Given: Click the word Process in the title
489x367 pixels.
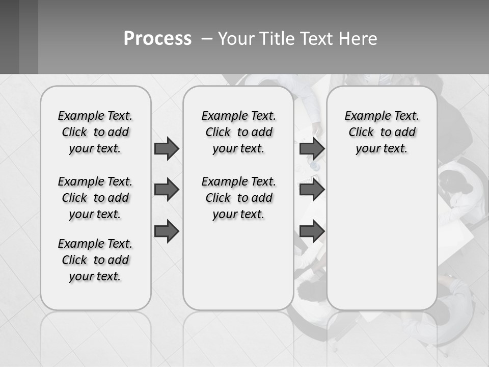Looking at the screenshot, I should (157, 38).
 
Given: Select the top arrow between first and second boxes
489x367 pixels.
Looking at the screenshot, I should (167, 148).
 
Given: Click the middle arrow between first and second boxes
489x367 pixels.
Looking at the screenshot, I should (167, 190).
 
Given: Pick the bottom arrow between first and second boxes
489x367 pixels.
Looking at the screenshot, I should (167, 231).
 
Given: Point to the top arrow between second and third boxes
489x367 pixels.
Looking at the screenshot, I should (312, 148).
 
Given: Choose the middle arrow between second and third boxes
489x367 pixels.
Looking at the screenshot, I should (312, 190).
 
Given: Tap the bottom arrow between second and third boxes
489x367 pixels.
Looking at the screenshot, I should (312, 231).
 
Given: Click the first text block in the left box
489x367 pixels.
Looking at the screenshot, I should (95, 132).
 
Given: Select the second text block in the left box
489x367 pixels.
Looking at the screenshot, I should (95, 198).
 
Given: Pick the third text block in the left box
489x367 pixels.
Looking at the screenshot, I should (95, 260).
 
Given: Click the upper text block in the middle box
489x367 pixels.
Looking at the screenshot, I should (239, 132).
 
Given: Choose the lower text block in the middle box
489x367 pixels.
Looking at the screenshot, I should (239, 198).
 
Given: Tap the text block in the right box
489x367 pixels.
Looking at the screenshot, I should (382, 132).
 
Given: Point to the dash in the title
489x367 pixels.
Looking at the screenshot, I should (207, 39).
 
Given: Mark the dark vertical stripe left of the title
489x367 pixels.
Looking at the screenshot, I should (29, 37).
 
